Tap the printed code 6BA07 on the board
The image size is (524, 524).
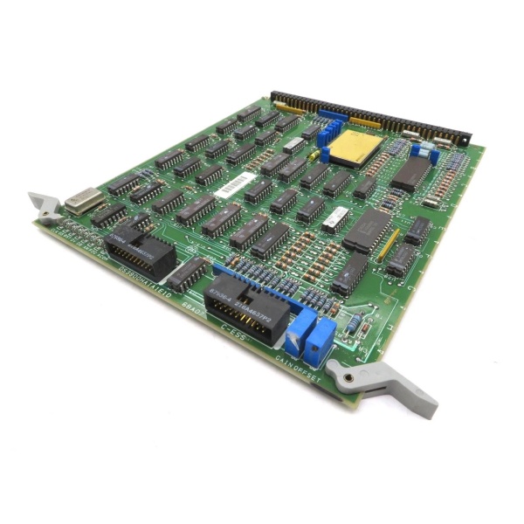194,310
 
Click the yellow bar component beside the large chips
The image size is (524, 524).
389,243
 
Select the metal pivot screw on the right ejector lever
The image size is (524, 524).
348,378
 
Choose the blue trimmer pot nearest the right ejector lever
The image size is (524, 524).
321,334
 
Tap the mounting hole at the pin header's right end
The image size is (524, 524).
465,140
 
